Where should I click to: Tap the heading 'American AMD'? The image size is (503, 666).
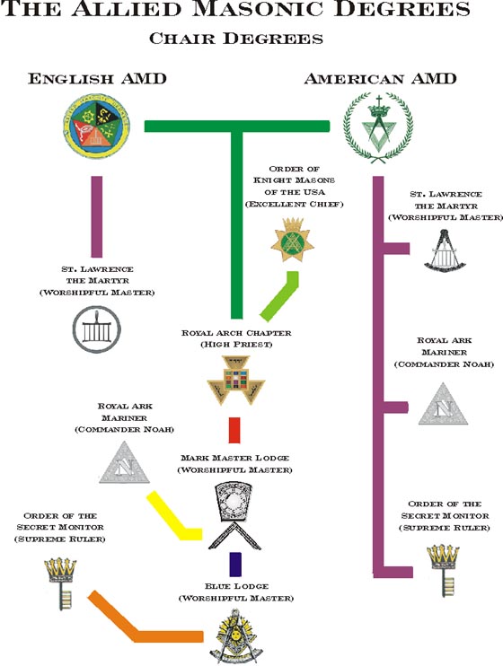tap(380, 78)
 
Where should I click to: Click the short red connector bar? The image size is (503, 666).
tap(234, 430)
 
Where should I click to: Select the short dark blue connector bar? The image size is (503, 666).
tap(234, 564)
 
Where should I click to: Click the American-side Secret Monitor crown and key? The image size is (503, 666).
tap(440, 567)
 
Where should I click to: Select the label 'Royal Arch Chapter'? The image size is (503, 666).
tap(235, 333)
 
